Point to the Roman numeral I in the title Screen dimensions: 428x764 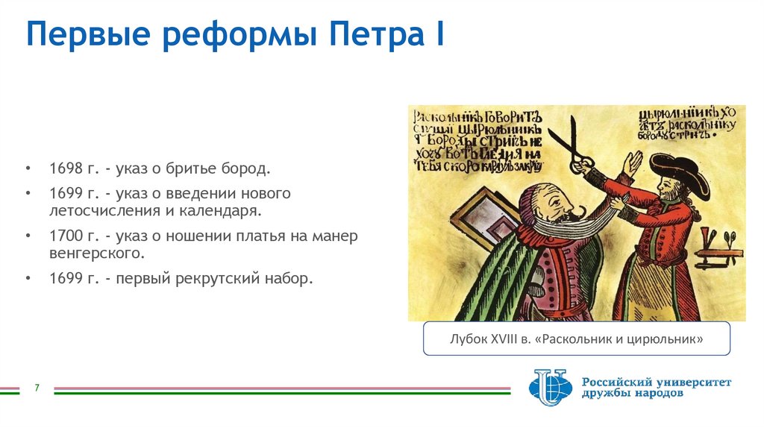point(440,36)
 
